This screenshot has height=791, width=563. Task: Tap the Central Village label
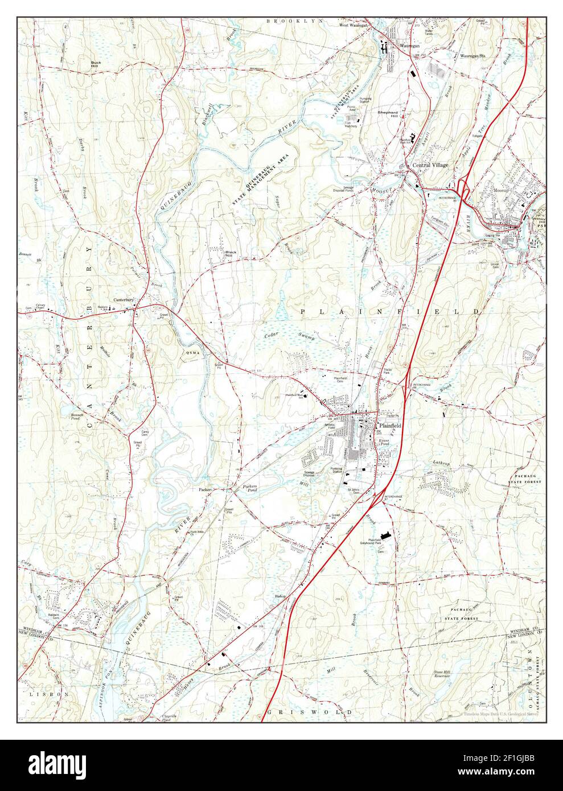point(430,165)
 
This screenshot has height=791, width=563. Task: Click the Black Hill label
point(231,253)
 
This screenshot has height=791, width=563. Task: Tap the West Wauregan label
point(353,26)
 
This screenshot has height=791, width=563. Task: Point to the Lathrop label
point(441,463)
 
